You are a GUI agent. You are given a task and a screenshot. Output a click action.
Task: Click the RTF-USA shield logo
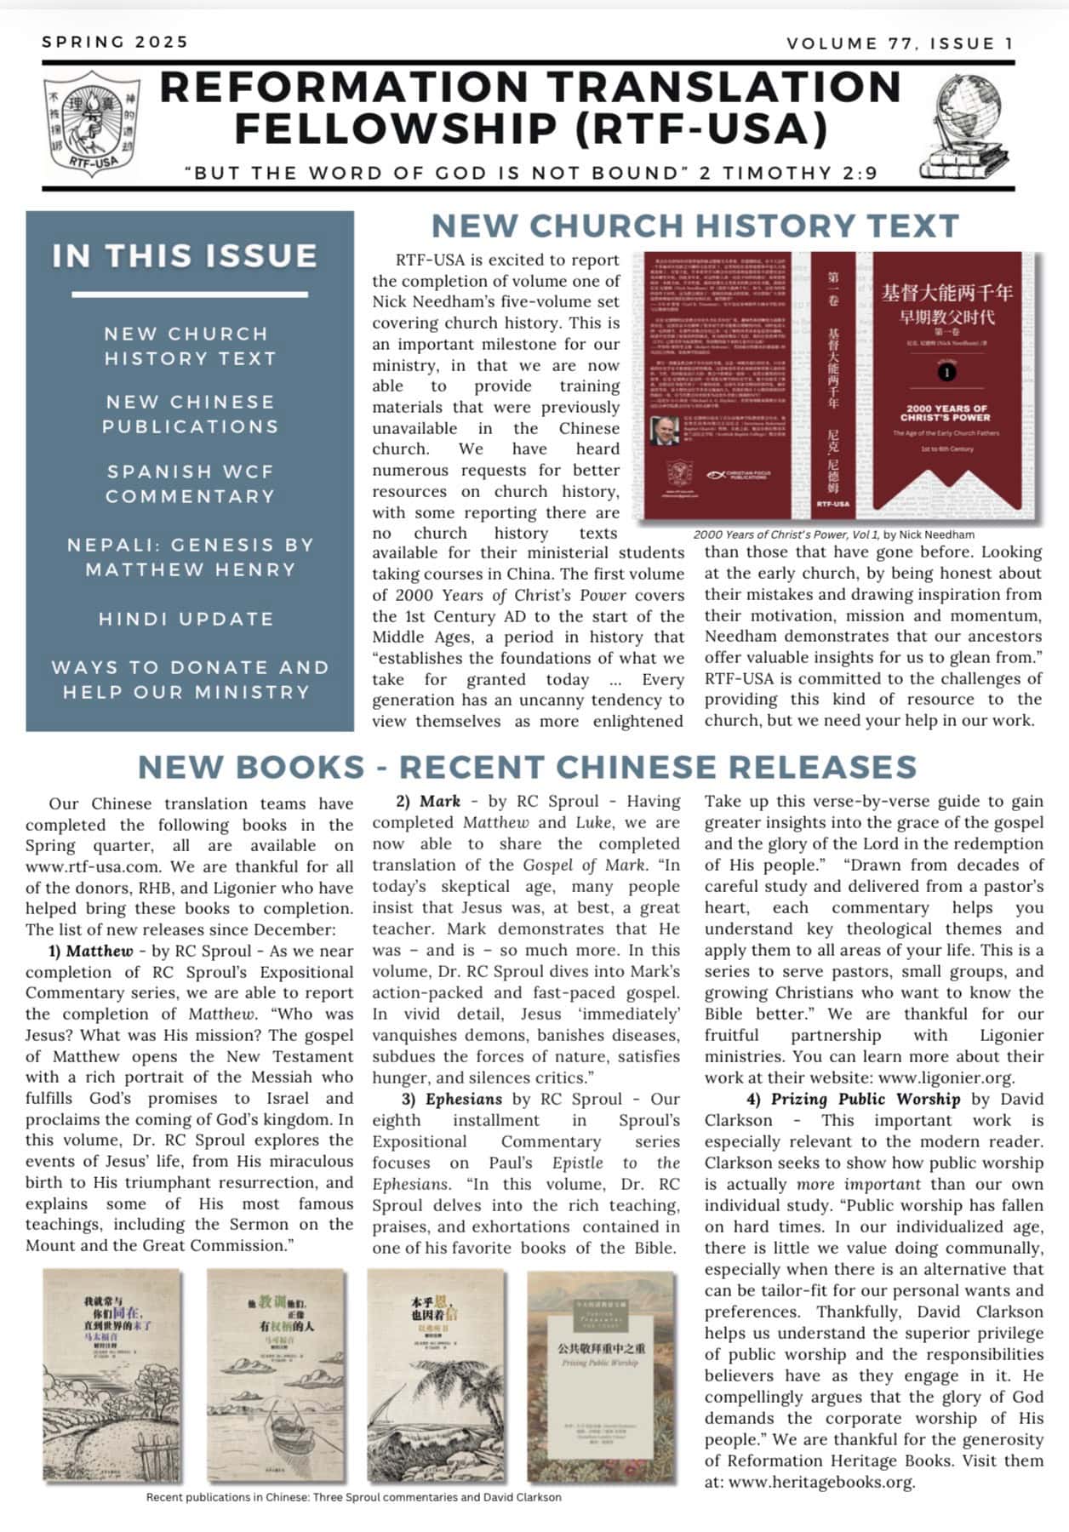92,123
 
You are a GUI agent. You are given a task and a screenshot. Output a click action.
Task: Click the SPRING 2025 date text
115,42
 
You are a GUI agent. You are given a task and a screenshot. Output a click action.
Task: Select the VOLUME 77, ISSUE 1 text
900,43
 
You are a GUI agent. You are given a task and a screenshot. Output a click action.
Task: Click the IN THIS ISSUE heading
185,256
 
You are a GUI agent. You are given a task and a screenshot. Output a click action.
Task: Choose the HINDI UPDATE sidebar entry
186,619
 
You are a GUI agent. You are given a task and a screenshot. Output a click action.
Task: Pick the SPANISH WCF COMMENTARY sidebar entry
190,483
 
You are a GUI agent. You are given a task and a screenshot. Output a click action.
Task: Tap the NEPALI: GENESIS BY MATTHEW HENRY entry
191,557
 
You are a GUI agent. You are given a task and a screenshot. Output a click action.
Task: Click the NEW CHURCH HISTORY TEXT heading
695,226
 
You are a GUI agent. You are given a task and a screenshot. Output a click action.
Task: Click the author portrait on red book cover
664,431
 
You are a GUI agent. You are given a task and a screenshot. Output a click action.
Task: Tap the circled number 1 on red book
946,373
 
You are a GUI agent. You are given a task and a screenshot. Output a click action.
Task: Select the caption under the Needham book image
833,534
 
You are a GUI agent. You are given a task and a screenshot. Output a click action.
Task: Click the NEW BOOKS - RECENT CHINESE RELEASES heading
527,767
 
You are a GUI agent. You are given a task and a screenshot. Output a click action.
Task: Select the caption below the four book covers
353,1497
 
